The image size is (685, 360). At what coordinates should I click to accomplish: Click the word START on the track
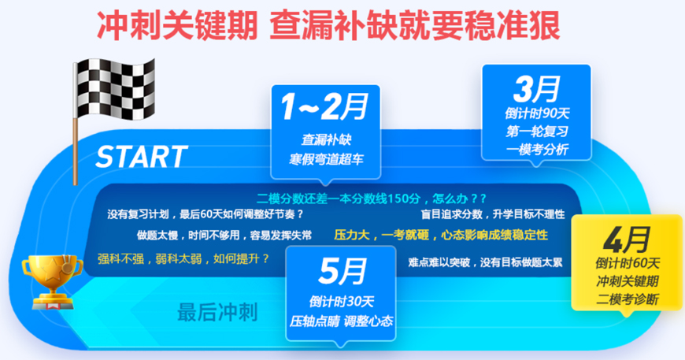coord(142,156)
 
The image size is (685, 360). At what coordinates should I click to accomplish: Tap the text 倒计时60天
coord(628,263)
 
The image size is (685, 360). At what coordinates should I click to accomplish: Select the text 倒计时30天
coord(341,300)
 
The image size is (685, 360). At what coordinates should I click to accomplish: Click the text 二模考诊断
coord(628,299)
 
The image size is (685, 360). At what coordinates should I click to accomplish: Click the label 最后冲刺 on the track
coord(217,313)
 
